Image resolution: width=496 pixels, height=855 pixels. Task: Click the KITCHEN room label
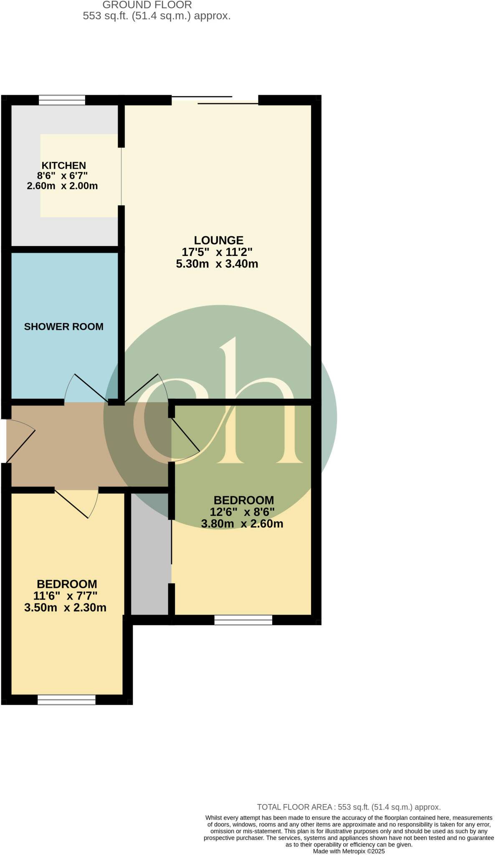[x=63, y=165]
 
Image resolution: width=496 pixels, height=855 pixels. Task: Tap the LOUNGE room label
[x=218, y=240]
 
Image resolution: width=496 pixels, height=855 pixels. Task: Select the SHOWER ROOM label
[x=63, y=326]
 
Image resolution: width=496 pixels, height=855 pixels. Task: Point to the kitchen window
[x=62, y=100]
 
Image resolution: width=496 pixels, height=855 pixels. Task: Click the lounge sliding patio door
[x=215, y=100]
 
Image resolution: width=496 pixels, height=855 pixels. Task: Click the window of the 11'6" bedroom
[x=66, y=700]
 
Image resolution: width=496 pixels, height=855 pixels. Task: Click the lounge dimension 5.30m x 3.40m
[x=217, y=264]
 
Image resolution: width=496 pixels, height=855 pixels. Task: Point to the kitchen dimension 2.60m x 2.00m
[x=62, y=186]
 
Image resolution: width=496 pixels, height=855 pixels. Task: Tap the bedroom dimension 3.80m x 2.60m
[x=242, y=524]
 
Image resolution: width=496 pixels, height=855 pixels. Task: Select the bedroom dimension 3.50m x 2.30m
[x=65, y=607]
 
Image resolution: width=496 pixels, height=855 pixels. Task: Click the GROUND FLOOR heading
[x=147, y=5]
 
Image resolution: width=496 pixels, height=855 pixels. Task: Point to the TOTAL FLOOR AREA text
[x=349, y=807]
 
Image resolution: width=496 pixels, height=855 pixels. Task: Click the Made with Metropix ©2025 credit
[x=349, y=851]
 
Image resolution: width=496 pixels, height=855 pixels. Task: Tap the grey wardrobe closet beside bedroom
[x=151, y=553]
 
